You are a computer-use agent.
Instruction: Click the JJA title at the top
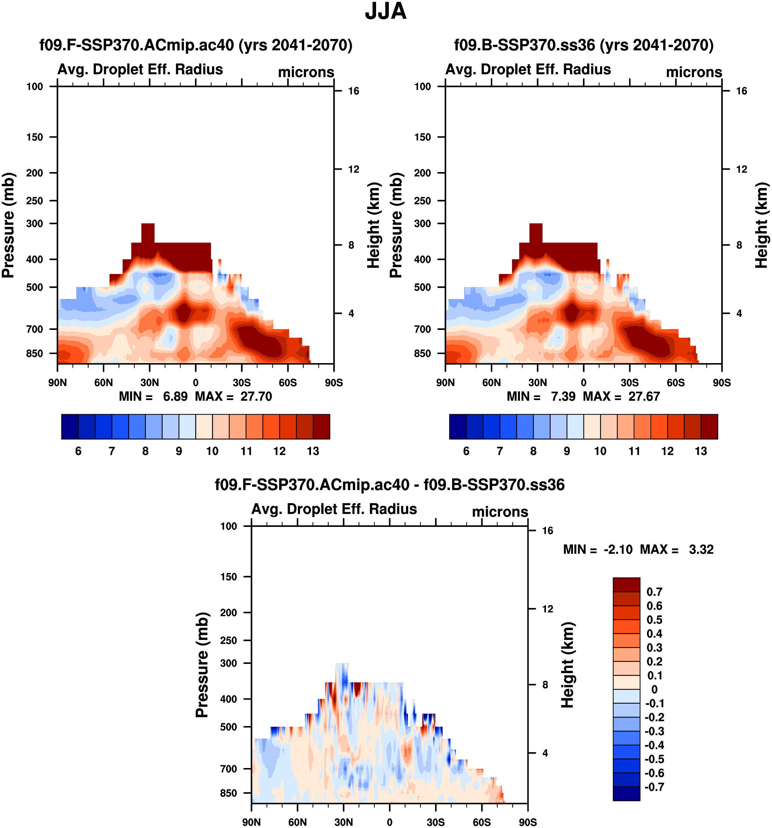(x=385, y=12)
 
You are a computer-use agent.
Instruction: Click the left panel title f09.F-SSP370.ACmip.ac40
(x=196, y=45)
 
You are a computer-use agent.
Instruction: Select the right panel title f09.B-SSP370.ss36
(x=583, y=45)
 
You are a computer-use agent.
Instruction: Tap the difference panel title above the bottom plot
(x=389, y=485)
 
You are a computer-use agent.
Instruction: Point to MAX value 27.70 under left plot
(x=256, y=396)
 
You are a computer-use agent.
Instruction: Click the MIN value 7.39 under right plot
(x=563, y=396)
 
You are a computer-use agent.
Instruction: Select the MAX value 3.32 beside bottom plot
(x=701, y=550)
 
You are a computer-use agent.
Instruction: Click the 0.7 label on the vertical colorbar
(x=654, y=592)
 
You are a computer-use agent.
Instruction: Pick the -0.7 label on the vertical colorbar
(x=654, y=787)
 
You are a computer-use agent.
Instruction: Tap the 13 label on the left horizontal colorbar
(x=313, y=451)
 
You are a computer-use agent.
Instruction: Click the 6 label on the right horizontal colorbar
(x=466, y=451)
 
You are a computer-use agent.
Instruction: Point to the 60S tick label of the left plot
(x=288, y=383)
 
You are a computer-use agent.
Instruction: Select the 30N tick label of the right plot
(x=537, y=383)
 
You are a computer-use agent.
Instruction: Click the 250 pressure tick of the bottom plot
(x=228, y=640)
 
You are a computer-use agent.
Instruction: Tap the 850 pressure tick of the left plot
(x=35, y=353)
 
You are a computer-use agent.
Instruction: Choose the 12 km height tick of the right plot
(x=741, y=169)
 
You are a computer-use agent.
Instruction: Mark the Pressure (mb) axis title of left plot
(x=8, y=225)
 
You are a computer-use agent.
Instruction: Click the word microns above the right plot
(x=694, y=72)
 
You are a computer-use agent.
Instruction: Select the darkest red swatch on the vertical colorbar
(x=626, y=585)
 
